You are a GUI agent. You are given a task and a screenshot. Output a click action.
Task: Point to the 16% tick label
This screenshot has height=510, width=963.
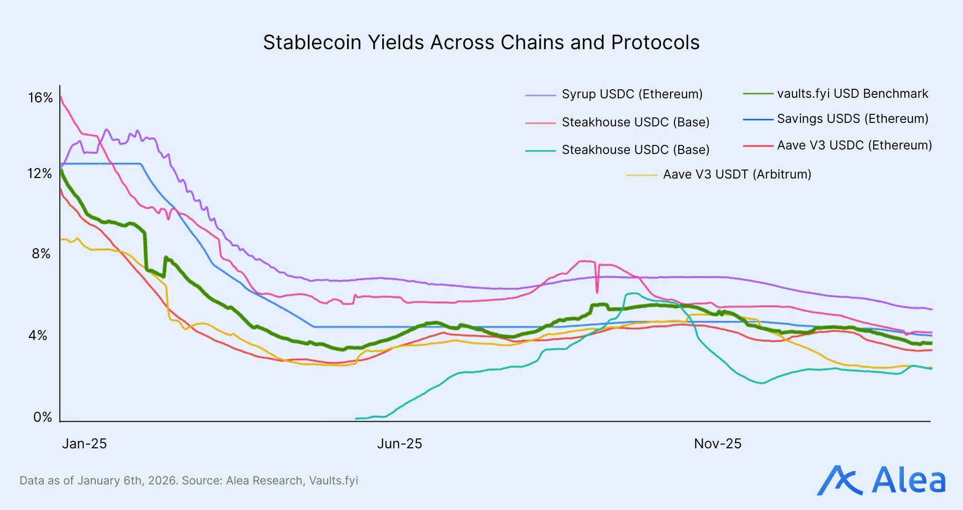click(x=40, y=98)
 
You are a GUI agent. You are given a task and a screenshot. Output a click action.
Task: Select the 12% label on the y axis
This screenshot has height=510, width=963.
click(x=40, y=174)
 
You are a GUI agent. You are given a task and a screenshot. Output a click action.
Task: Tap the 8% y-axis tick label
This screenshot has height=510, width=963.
click(x=41, y=254)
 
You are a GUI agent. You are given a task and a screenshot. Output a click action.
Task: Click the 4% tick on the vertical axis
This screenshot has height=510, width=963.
click(x=38, y=335)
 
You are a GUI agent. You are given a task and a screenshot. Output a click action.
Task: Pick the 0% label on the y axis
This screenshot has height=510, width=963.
click(x=43, y=417)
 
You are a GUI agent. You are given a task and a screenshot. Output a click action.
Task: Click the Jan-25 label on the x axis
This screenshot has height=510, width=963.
click(x=84, y=444)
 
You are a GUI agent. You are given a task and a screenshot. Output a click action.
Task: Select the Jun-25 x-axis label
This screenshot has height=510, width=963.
click(x=399, y=444)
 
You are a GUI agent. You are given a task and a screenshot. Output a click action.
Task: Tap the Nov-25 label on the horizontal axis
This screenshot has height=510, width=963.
click(x=717, y=444)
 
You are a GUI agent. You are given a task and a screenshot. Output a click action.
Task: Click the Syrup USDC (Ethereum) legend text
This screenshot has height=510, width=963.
click(x=632, y=94)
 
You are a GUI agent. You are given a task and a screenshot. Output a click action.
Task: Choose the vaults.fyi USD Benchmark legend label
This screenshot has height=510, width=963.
click(x=852, y=94)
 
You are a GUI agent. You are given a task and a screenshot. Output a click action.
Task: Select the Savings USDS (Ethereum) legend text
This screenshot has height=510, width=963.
click(x=852, y=119)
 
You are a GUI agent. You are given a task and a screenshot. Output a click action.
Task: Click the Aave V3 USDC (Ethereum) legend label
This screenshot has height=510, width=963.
click(x=854, y=145)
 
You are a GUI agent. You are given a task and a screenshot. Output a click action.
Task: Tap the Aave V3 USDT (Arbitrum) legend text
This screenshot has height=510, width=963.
click(x=737, y=175)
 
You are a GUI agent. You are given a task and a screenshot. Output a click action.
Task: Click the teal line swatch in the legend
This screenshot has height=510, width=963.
click(x=540, y=150)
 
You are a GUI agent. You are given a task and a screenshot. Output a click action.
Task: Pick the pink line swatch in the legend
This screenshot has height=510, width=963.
click(x=540, y=123)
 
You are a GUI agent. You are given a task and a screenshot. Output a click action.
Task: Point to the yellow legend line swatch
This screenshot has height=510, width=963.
click(x=641, y=176)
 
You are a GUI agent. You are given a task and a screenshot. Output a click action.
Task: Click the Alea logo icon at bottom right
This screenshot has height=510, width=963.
click(x=840, y=480)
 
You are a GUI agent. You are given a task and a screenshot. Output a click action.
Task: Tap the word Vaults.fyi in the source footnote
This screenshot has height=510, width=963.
click(x=334, y=480)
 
